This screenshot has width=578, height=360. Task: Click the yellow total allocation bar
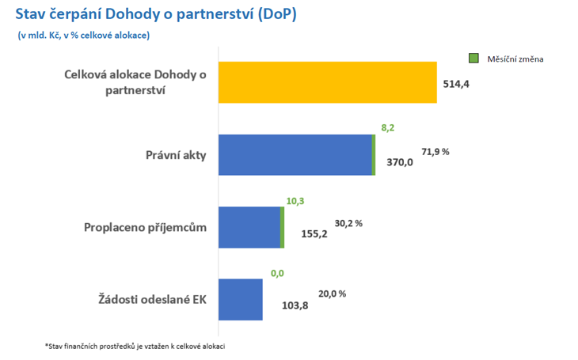click(327, 82)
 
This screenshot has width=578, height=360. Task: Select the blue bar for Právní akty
click(294, 154)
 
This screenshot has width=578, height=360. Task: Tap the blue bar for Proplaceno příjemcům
click(248, 227)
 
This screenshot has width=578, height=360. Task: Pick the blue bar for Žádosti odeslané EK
click(240, 299)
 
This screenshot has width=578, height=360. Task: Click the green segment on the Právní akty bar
click(374, 154)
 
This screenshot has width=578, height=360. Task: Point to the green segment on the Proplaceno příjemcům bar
click(282, 227)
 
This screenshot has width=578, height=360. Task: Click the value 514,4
click(456, 83)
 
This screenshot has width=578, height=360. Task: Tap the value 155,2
click(314, 234)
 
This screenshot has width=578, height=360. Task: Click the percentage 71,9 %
click(435, 150)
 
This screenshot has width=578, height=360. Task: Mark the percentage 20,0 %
click(332, 294)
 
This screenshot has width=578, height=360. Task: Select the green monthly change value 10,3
click(295, 201)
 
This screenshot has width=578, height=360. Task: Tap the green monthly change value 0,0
click(277, 273)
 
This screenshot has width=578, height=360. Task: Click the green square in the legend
click(473, 58)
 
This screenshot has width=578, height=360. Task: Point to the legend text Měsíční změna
click(514, 59)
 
